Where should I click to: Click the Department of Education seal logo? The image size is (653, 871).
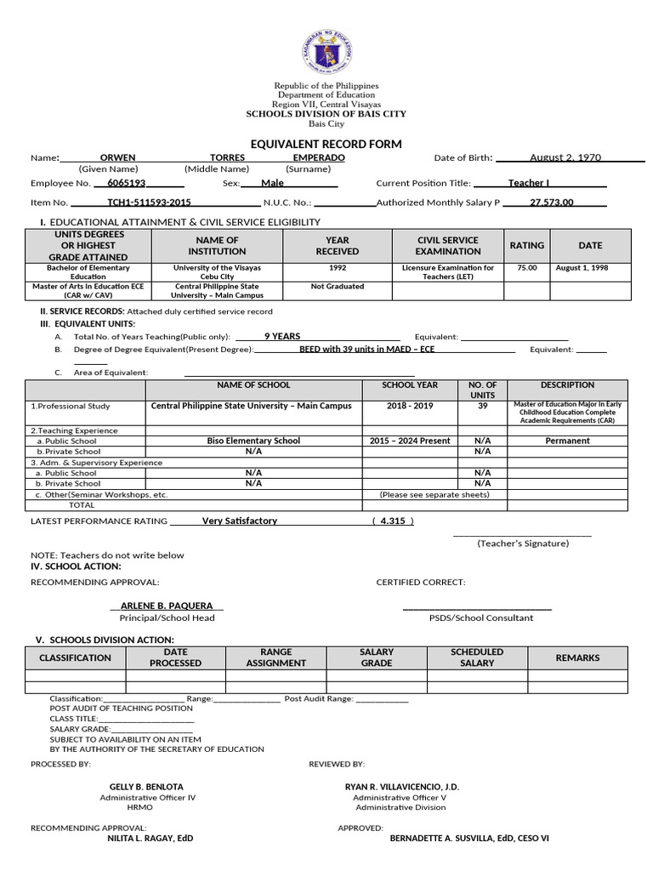[326, 51]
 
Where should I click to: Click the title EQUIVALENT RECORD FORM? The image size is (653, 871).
[326, 144]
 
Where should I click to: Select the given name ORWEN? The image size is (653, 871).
[117, 158]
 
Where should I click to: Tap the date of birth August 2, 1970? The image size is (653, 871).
[565, 158]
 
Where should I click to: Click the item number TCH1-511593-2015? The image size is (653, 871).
[149, 202]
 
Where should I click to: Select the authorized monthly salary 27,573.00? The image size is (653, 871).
[552, 202]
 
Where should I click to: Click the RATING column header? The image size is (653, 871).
[526, 246]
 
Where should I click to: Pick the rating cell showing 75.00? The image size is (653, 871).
[526, 268]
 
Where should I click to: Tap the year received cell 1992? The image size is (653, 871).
[338, 268]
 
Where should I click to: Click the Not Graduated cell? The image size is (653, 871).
[338, 287]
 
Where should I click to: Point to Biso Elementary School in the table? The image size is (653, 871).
[253, 441]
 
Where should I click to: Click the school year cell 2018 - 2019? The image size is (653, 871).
[410, 406]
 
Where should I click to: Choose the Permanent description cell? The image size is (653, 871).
[568, 441]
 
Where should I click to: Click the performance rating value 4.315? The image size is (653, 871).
[393, 521]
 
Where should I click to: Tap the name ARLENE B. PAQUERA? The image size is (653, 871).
[167, 606]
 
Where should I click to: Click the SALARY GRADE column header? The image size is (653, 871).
[377, 658]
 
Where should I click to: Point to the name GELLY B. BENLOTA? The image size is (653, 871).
[146, 787]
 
